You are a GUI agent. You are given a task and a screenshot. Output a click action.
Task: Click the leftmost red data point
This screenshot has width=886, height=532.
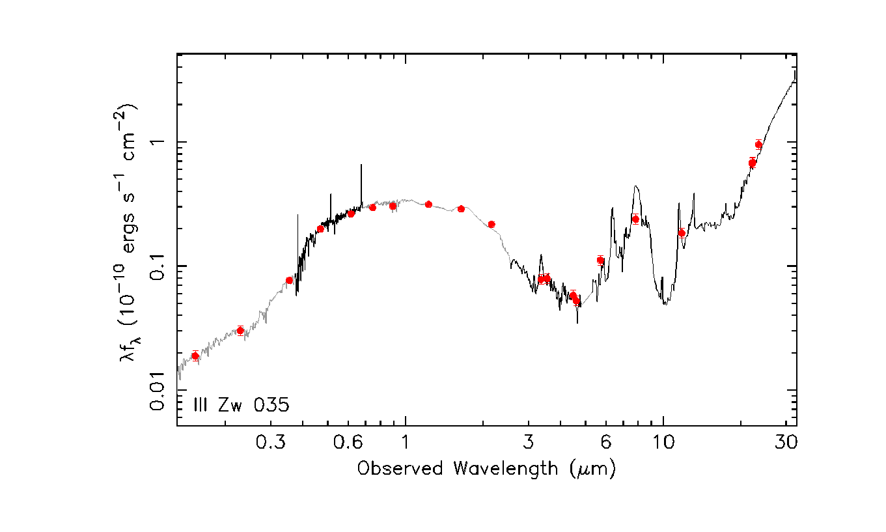195,356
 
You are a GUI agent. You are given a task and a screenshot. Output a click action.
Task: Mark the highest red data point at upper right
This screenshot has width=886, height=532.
758,145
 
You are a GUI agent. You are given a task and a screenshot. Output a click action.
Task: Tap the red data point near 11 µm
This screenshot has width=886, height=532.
682,232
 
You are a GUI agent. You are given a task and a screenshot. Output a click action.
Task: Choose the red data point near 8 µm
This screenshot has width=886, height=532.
635,219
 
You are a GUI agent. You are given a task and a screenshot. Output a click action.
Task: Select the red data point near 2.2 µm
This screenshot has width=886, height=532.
491,224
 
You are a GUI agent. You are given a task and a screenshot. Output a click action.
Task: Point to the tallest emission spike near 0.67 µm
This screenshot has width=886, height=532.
362,165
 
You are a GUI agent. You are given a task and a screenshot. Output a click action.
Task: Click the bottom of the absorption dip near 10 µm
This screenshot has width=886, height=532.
665,303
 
